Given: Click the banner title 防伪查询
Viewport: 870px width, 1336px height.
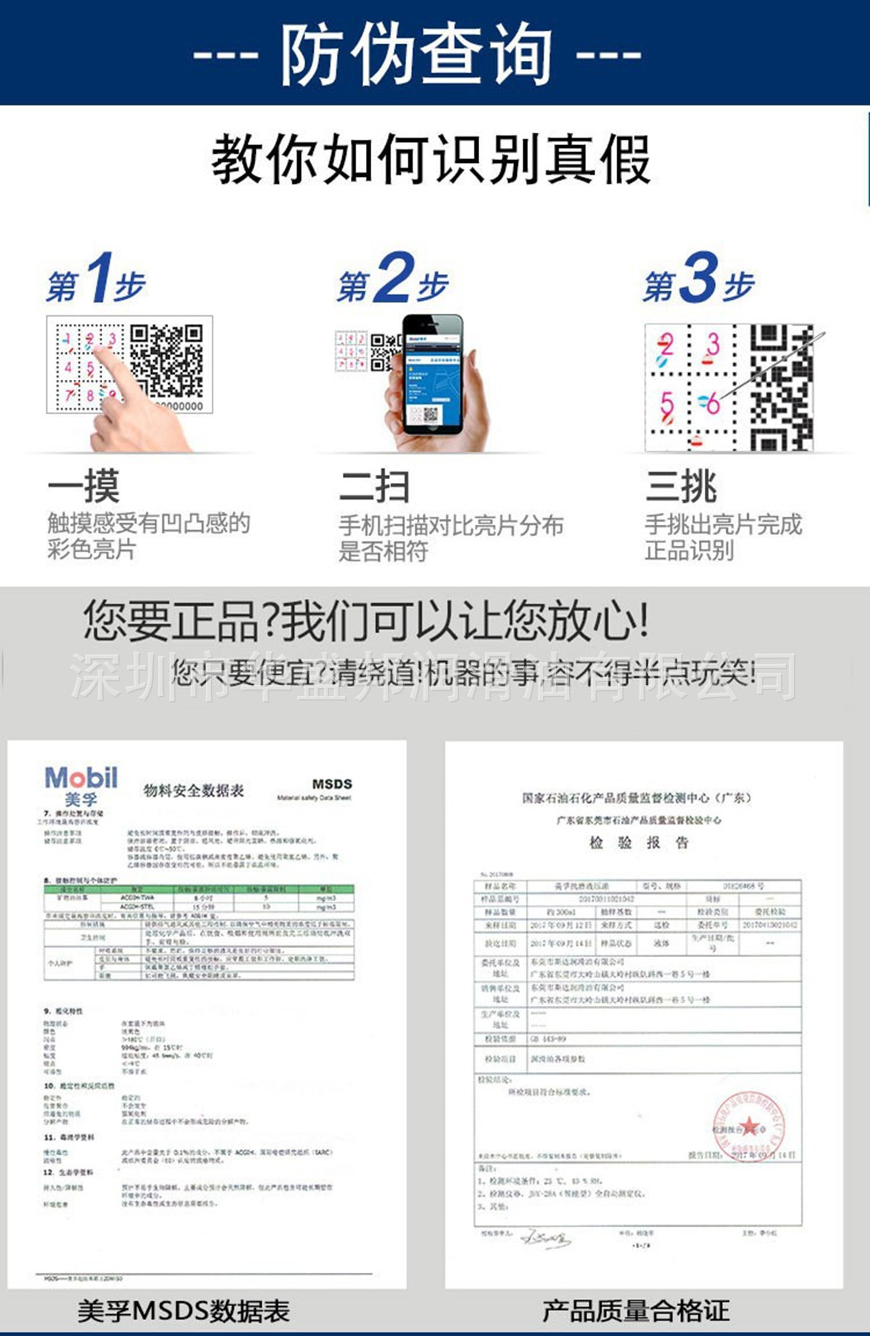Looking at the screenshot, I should pyautogui.click(x=417, y=54).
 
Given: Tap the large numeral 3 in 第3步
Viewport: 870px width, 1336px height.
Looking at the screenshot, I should pyautogui.click(x=700, y=278).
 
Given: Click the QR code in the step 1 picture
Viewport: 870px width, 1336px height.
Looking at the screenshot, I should pyautogui.click(x=167, y=360).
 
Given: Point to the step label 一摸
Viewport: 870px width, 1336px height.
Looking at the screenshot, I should pyautogui.click(x=83, y=486).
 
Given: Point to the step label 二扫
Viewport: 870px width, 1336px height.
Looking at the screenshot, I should pyautogui.click(x=374, y=486).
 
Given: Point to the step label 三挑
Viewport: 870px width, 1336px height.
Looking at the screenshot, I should pyautogui.click(x=681, y=486).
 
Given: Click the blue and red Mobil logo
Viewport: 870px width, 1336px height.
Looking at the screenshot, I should pyautogui.click(x=81, y=779).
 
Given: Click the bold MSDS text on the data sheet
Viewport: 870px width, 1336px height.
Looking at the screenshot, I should pyautogui.click(x=331, y=784).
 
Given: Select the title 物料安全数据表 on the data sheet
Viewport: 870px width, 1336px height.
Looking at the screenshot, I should pyautogui.click(x=194, y=790).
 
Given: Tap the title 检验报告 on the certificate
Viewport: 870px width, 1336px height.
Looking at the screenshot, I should pyautogui.click(x=639, y=842).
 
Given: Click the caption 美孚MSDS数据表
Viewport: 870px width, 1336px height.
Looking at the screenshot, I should pyautogui.click(x=183, y=1311).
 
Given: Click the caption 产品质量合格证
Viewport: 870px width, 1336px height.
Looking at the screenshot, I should pyautogui.click(x=636, y=1311).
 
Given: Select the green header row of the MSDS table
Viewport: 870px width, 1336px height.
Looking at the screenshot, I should pyautogui.click(x=199, y=889).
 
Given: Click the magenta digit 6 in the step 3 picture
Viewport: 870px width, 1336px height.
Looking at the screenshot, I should pyautogui.click(x=713, y=403).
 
